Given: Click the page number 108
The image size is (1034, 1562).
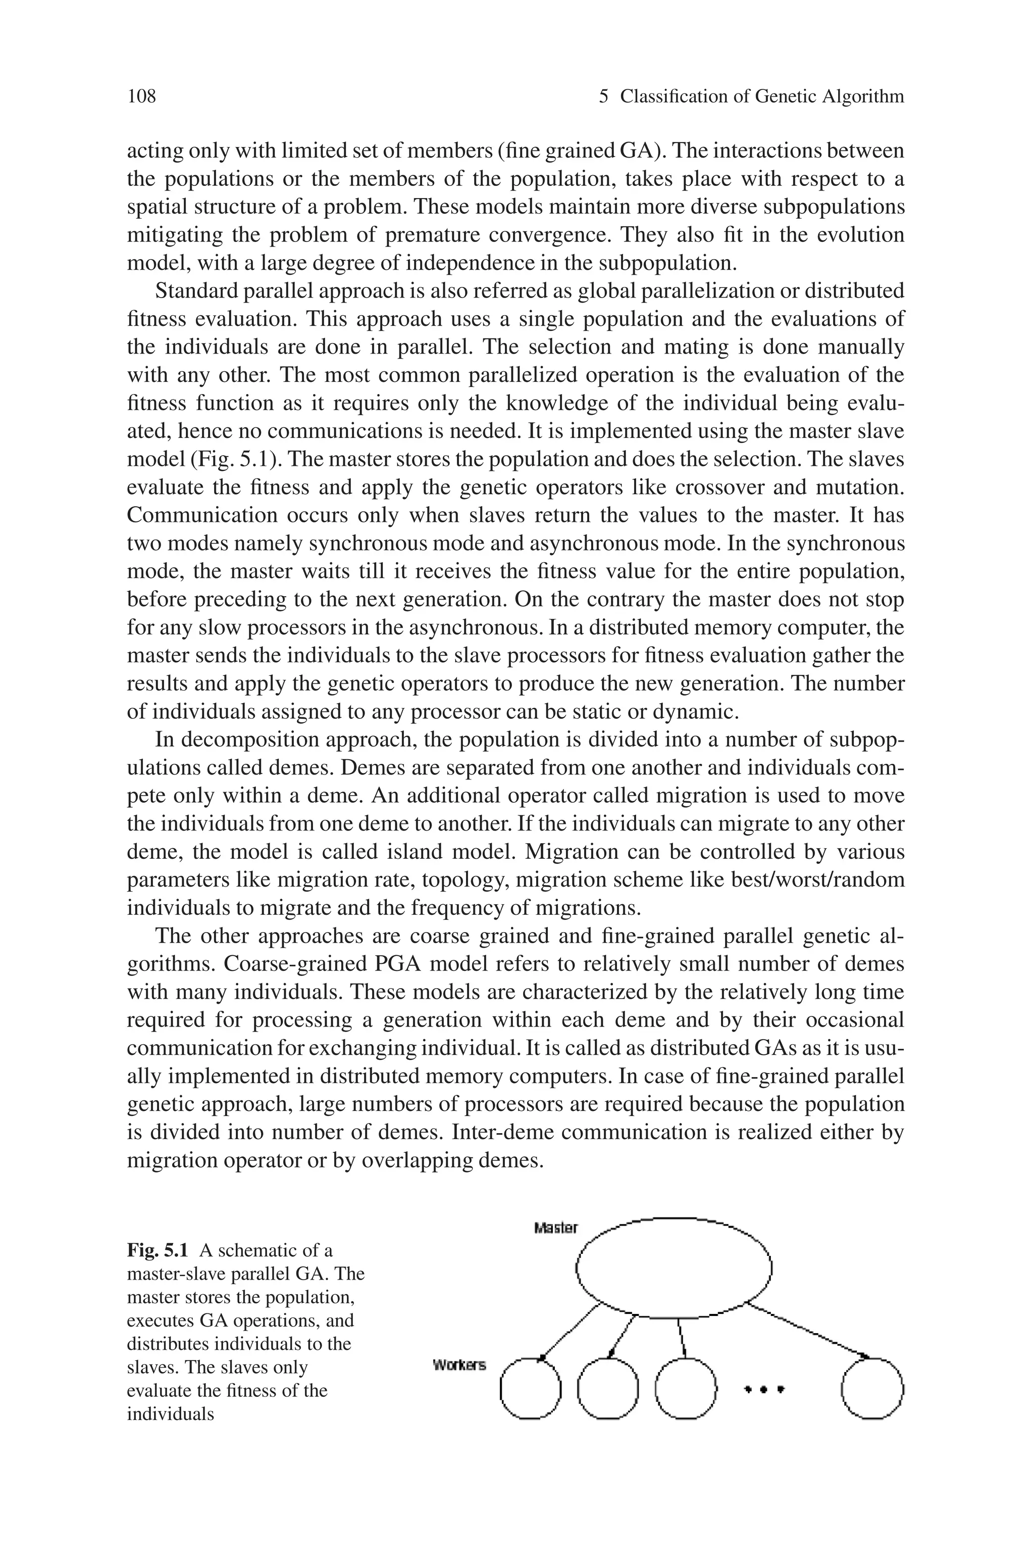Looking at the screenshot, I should (x=141, y=97).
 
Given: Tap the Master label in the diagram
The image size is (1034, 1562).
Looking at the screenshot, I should (x=556, y=1228).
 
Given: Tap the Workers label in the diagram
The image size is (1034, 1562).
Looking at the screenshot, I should (x=459, y=1365).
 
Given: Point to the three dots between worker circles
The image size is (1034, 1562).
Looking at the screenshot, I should (x=763, y=1389).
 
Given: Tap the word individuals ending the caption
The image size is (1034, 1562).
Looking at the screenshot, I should (x=170, y=1413).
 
